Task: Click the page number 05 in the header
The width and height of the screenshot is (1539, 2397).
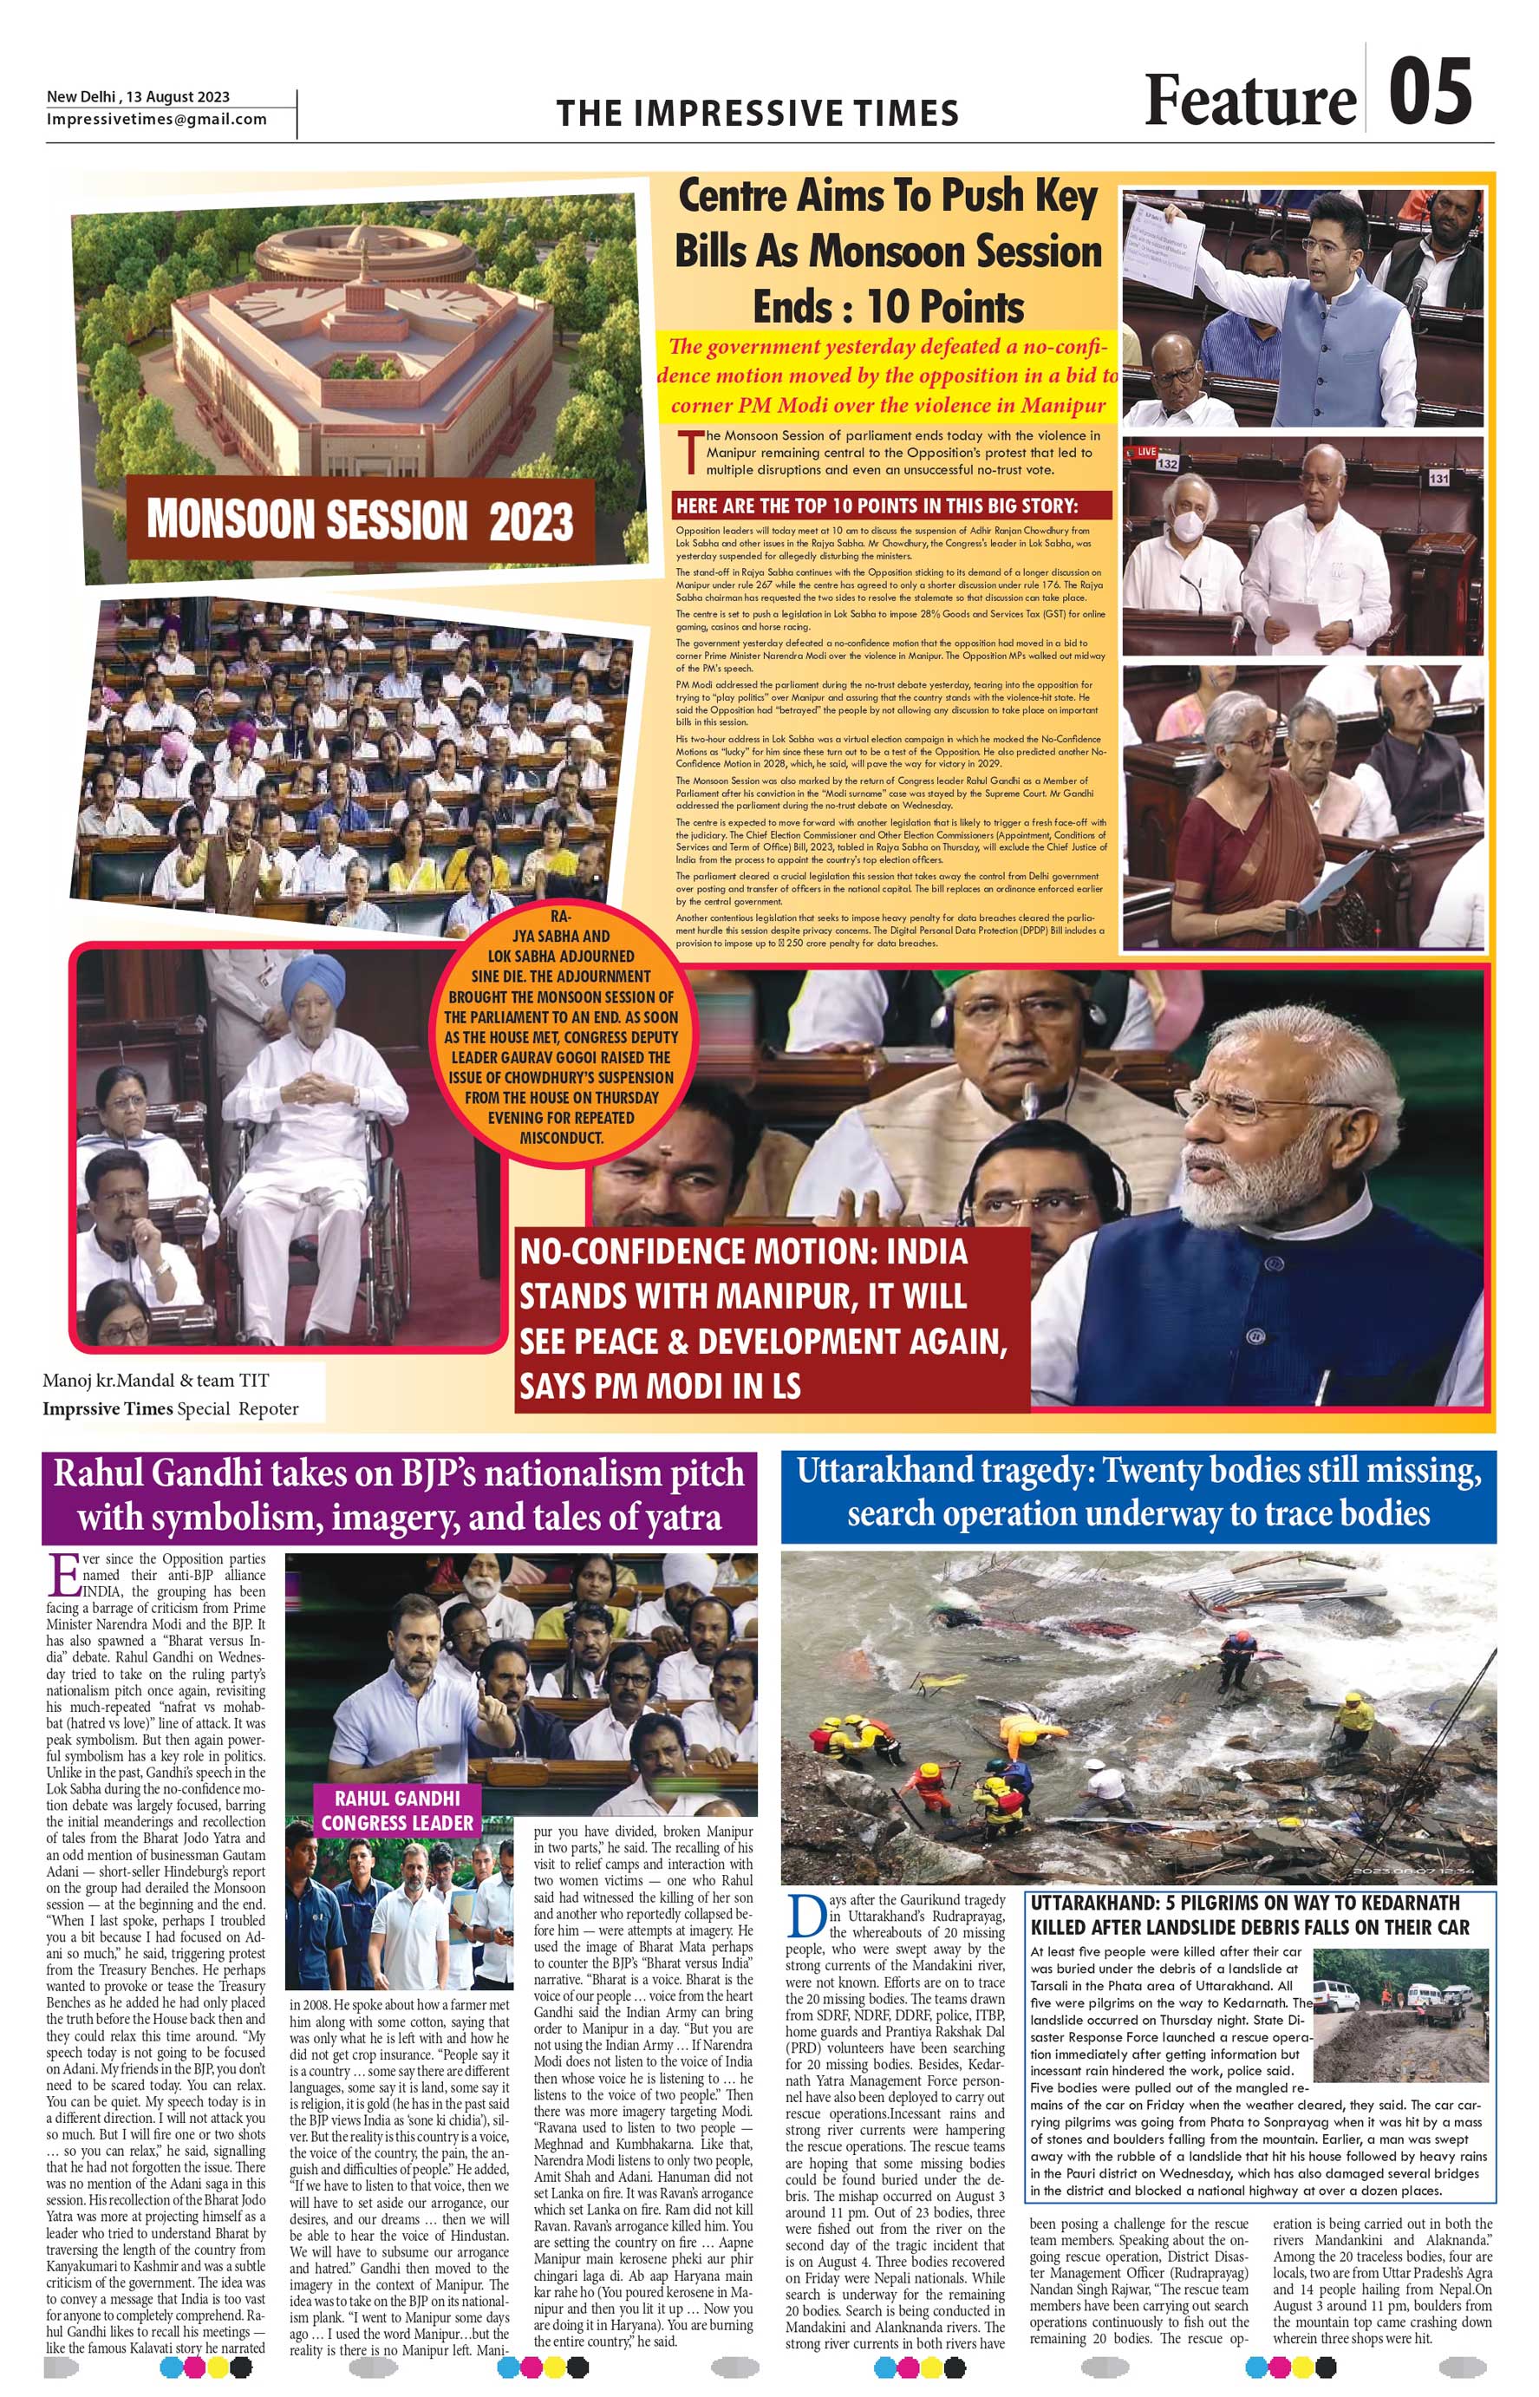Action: pyautogui.click(x=1429, y=93)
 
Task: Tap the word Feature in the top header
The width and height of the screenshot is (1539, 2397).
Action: pyautogui.click(x=1249, y=101)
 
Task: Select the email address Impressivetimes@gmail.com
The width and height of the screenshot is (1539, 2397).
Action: pyautogui.click(x=157, y=119)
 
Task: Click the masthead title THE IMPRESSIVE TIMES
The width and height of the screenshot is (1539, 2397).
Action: pyautogui.click(x=758, y=113)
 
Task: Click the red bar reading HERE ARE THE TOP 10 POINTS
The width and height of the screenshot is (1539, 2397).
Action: pyautogui.click(x=892, y=506)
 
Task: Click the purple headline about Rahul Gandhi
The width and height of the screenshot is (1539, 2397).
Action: pyautogui.click(x=399, y=1494)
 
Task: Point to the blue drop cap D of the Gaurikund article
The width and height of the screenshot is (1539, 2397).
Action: pyautogui.click(x=805, y=1914)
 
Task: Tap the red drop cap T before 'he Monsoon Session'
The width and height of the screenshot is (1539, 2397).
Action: pyautogui.click(x=688, y=451)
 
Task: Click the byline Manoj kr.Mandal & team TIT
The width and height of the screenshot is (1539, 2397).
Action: pyautogui.click(x=155, y=1381)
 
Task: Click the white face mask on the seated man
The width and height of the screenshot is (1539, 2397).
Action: pyautogui.click(x=1185, y=526)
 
